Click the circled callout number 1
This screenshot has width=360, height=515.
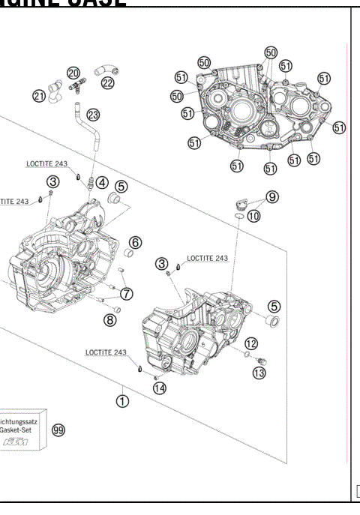click(x=121, y=401)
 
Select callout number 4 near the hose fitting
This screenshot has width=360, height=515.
click(x=101, y=182)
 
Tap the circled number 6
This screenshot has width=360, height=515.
click(x=135, y=242)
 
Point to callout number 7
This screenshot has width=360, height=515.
click(x=127, y=293)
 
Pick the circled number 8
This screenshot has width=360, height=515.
click(x=111, y=319)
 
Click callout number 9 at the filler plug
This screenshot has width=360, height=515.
click(x=271, y=196)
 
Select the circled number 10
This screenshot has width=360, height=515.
click(x=254, y=216)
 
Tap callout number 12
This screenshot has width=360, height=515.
click(x=251, y=343)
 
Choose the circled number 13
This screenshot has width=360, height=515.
click(x=259, y=372)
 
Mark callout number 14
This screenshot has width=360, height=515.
click(x=160, y=388)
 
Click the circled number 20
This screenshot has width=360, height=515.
click(x=73, y=73)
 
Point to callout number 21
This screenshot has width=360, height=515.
click(x=40, y=95)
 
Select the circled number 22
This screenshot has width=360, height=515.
click(x=107, y=82)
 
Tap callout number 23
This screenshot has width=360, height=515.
click(x=93, y=115)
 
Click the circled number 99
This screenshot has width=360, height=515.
click(x=58, y=430)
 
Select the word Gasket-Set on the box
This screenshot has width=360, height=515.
click(x=17, y=432)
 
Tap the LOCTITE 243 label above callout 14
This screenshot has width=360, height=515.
click(x=106, y=352)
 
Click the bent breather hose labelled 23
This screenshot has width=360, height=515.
click(x=87, y=135)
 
